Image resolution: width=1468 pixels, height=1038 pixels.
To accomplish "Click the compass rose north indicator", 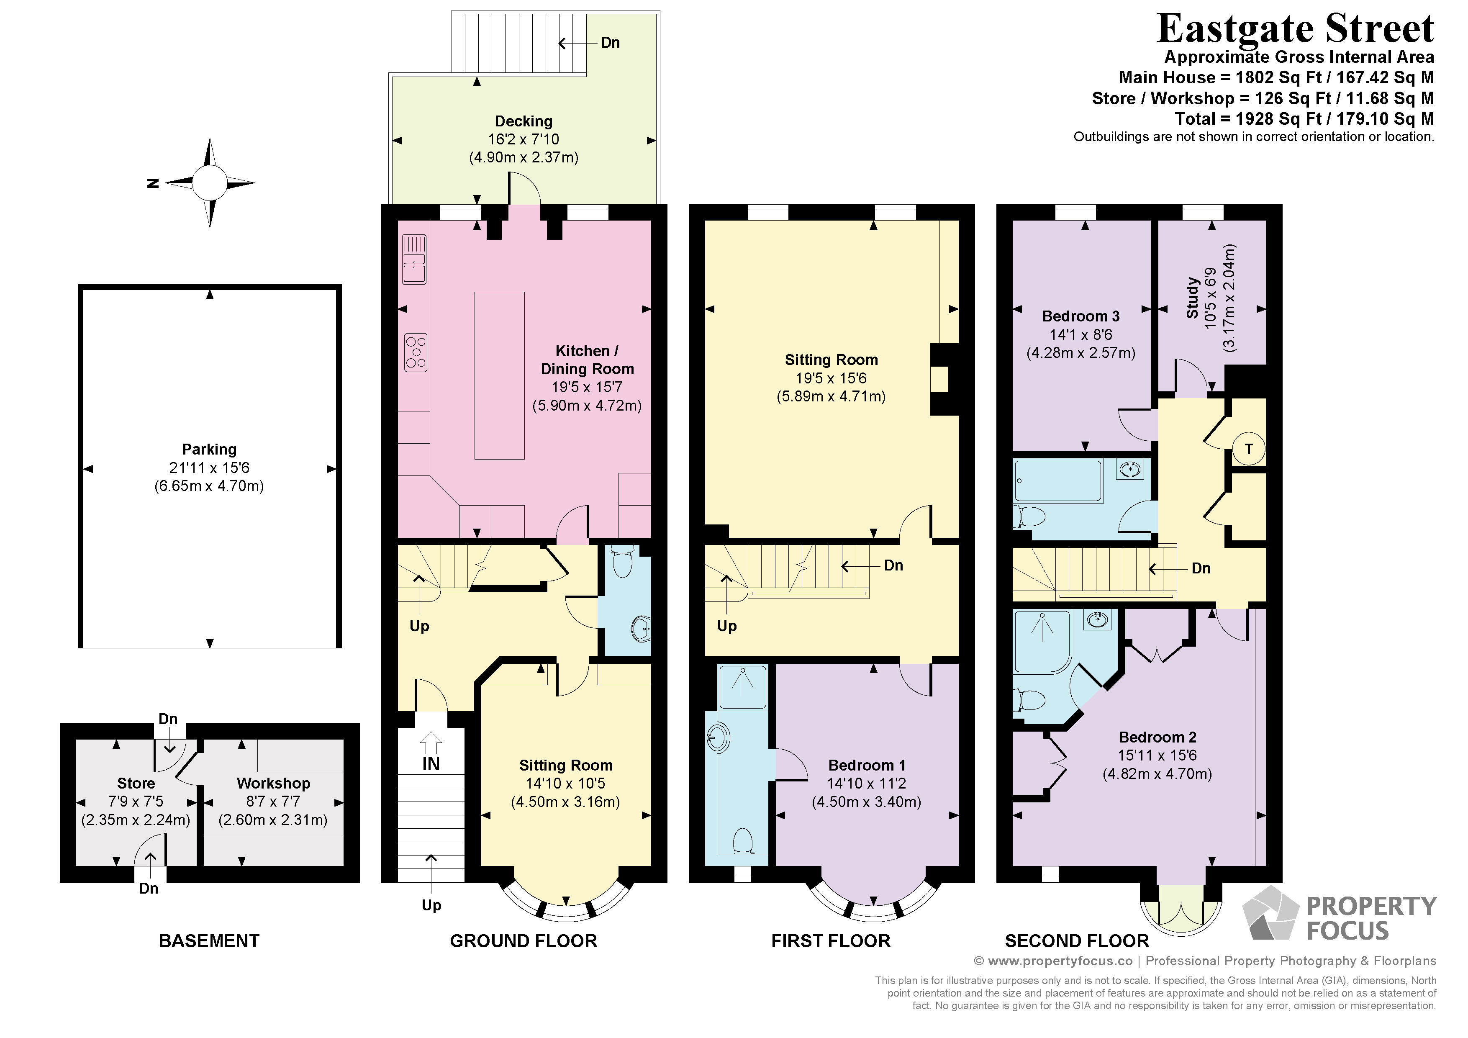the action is click(x=153, y=183).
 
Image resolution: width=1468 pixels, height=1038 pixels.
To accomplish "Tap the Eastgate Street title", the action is click(x=1296, y=28).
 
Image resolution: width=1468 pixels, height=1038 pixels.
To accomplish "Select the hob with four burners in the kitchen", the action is click(x=416, y=352).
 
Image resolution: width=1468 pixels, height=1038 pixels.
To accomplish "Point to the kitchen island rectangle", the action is click(x=499, y=375).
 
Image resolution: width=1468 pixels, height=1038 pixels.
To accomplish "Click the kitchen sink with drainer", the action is click(x=414, y=259).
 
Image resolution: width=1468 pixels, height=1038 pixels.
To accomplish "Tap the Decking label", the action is click(x=524, y=121).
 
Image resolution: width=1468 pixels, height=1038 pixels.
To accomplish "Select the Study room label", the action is click(x=1192, y=298).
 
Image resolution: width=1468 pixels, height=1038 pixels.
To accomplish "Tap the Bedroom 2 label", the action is click(x=1157, y=737).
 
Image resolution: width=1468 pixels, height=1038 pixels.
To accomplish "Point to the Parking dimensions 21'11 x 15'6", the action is click(x=209, y=468).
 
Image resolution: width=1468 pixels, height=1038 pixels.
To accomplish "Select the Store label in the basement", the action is click(x=136, y=783).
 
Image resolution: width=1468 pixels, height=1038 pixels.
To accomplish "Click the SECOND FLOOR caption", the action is click(x=1077, y=941).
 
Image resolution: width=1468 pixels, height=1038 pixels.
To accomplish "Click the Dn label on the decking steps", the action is click(x=611, y=43).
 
